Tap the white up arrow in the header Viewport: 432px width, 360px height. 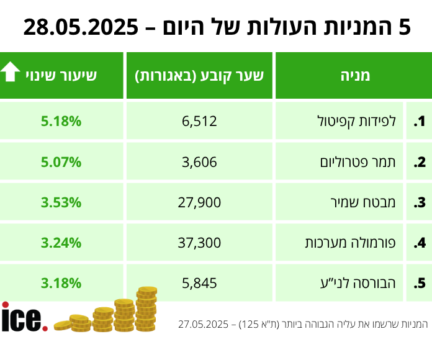[12, 74]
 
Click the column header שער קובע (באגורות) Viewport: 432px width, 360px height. [199, 76]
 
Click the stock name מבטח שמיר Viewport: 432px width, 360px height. [373, 202]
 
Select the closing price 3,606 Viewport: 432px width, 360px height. [199, 162]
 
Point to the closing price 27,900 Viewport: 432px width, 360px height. [199, 202]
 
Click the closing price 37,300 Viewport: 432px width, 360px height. [199, 243]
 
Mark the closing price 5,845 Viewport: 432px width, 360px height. [199, 283]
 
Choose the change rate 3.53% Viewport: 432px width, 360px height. [61, 202]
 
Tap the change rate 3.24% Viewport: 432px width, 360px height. [61, 243]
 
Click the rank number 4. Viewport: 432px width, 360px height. [420, 243]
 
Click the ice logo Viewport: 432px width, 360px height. [24, 317]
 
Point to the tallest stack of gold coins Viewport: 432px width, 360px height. [146, 309]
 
